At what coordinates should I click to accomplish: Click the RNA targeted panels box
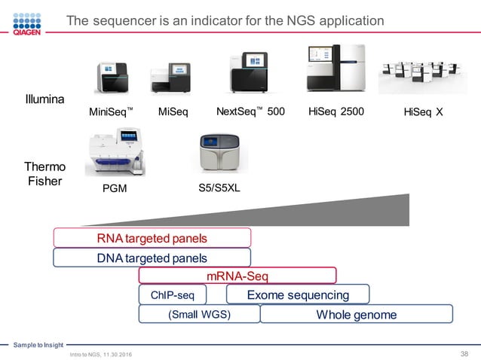[x=152, y=238]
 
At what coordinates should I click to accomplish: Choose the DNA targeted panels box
[x=152, y=258]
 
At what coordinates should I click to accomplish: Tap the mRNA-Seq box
[x=237, y=276]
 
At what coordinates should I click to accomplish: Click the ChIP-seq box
[x=173, y=295]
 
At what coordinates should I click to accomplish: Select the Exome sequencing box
[x=298, y=294]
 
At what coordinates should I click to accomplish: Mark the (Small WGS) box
[x=199, y=314]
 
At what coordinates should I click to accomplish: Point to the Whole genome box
[x=356, y=314]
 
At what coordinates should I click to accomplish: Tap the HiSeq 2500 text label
[x=336, y=112]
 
